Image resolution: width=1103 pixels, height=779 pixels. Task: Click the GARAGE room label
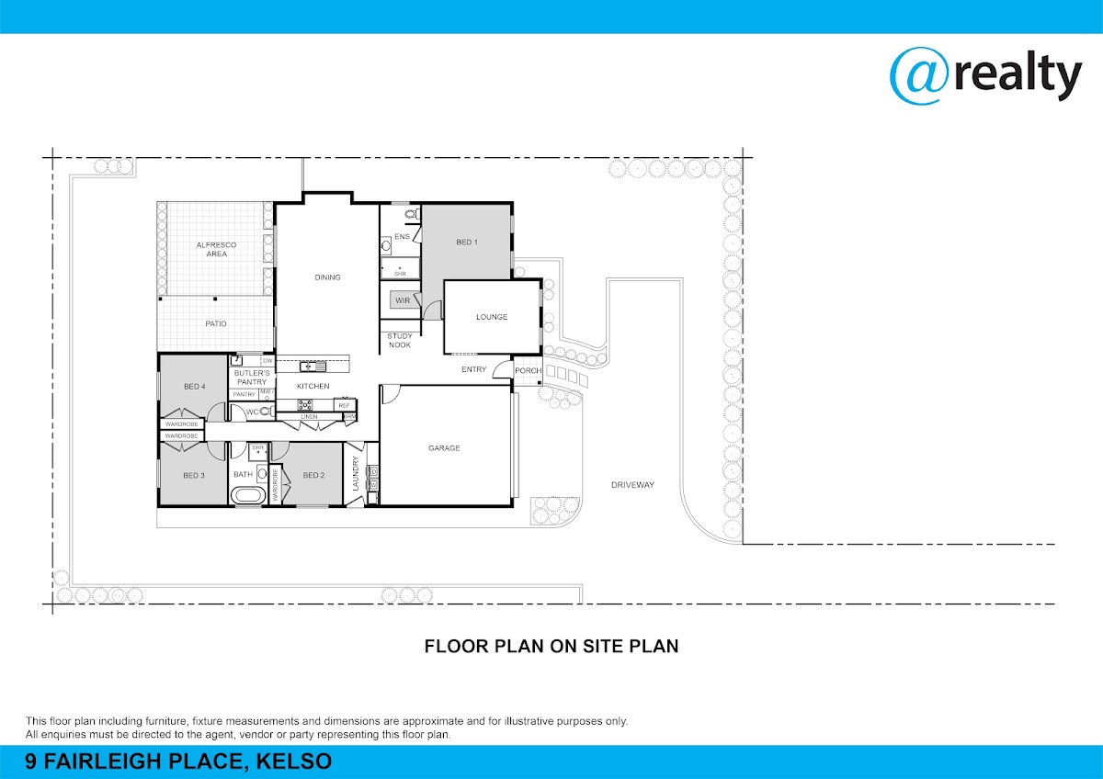point(444,448)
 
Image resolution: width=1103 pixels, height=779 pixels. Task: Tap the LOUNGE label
point(492,317)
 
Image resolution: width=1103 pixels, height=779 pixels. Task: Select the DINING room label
point(327,277)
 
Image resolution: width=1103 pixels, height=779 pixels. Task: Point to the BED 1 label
point(467,243)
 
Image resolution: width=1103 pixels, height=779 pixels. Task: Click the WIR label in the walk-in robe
point(403,300)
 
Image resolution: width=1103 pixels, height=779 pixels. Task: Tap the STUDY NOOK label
point(399,341)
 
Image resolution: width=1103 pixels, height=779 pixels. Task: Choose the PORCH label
point(528,370)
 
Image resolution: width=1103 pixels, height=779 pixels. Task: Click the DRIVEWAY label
point(632,485)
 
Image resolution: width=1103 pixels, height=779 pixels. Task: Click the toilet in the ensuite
point(412,214)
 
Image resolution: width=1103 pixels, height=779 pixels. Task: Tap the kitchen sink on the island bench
point(313,367)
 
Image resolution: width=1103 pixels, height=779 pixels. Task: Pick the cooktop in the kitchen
point(305,404)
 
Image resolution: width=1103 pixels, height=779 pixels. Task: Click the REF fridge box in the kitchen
point(344,405)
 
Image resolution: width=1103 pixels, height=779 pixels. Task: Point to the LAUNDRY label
point(356,473)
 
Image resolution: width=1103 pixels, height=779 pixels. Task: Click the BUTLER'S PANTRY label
point(252,378)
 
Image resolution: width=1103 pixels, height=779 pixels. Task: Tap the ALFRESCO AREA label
point(216,249)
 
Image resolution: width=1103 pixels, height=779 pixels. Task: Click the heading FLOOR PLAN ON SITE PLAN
point(551,646)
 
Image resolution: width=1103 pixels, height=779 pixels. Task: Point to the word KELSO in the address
point(293,761)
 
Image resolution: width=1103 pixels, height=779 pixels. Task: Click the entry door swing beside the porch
point(502,369)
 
